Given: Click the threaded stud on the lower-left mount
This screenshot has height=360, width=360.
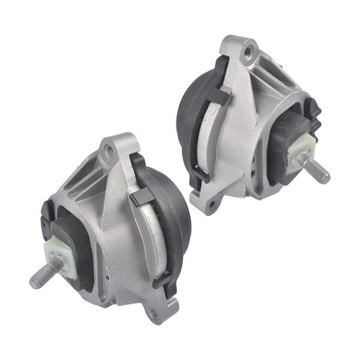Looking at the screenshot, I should tap(42, 274).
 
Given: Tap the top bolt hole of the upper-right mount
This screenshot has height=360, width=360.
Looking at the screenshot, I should tap(247, 51).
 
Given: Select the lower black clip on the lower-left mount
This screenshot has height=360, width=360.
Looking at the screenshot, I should tap(159, 281).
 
